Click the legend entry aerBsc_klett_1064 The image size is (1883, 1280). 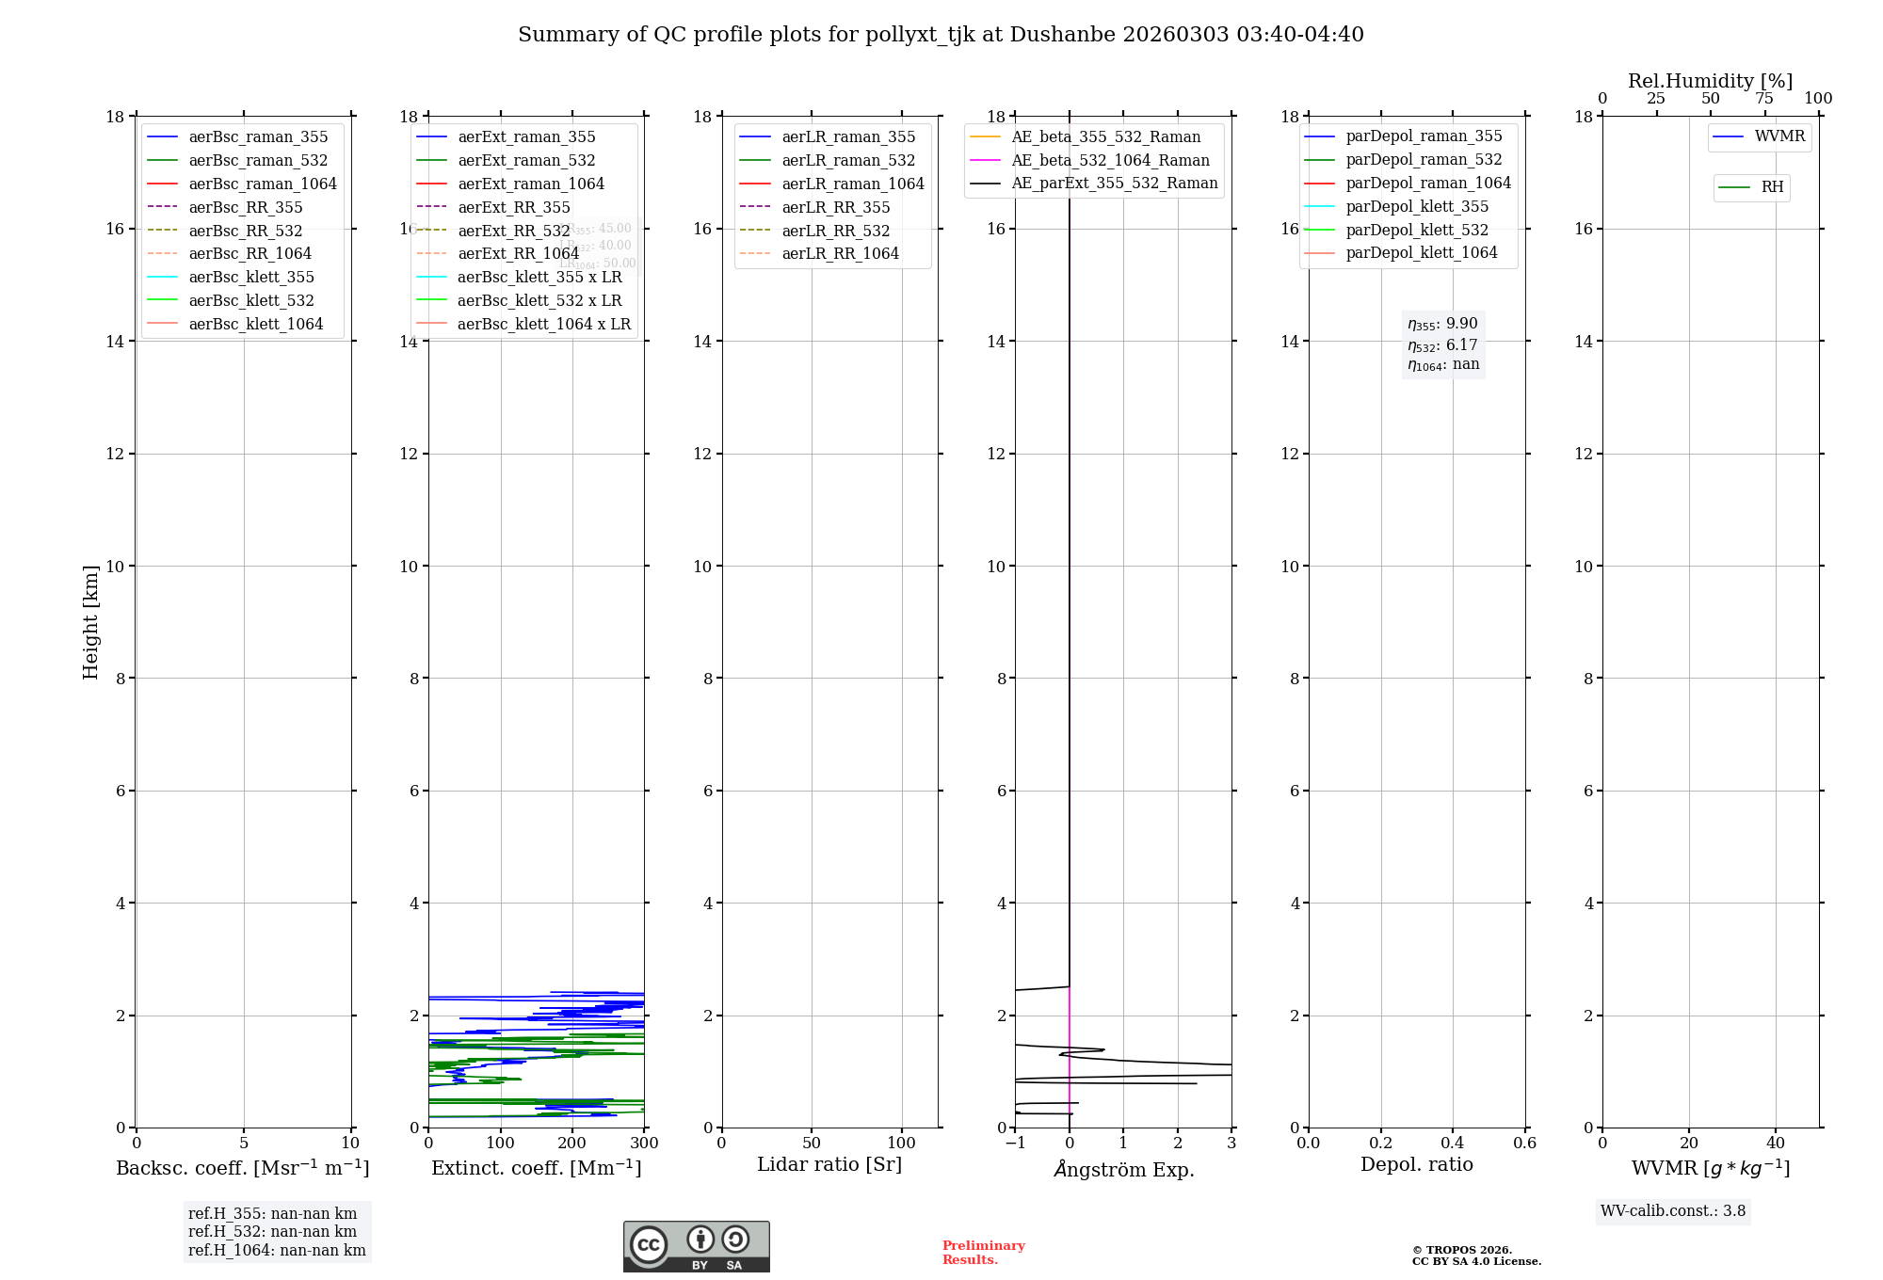click(255, 324)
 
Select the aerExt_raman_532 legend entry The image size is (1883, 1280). click(526, 160)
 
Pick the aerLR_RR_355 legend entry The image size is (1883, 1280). click(835, 207)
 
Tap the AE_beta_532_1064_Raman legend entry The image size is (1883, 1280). click(1110, 160)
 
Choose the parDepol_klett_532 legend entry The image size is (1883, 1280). click(1417, 230)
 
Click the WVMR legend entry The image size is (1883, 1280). click(1779, 136)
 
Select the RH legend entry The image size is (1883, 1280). click(1772, 187)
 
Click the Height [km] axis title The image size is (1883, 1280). click(90, 621)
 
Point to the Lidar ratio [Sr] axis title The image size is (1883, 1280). click(829, 1164)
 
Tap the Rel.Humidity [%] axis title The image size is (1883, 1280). click(1710, 81)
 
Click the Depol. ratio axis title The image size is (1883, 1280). click(1416, 1164)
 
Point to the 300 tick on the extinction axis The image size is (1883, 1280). click(645, 1144)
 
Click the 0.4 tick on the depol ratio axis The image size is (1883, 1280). click(1453, 1144)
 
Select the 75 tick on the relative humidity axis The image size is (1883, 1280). click(1763, 99)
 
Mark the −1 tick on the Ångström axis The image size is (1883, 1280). click(1015, 1144)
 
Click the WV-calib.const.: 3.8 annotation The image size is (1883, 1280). click(1672, 1211)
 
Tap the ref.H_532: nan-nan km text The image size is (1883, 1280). click(272, 1232)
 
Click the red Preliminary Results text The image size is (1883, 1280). click(983, 1253)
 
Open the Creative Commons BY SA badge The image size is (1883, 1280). click(696, 1247)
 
